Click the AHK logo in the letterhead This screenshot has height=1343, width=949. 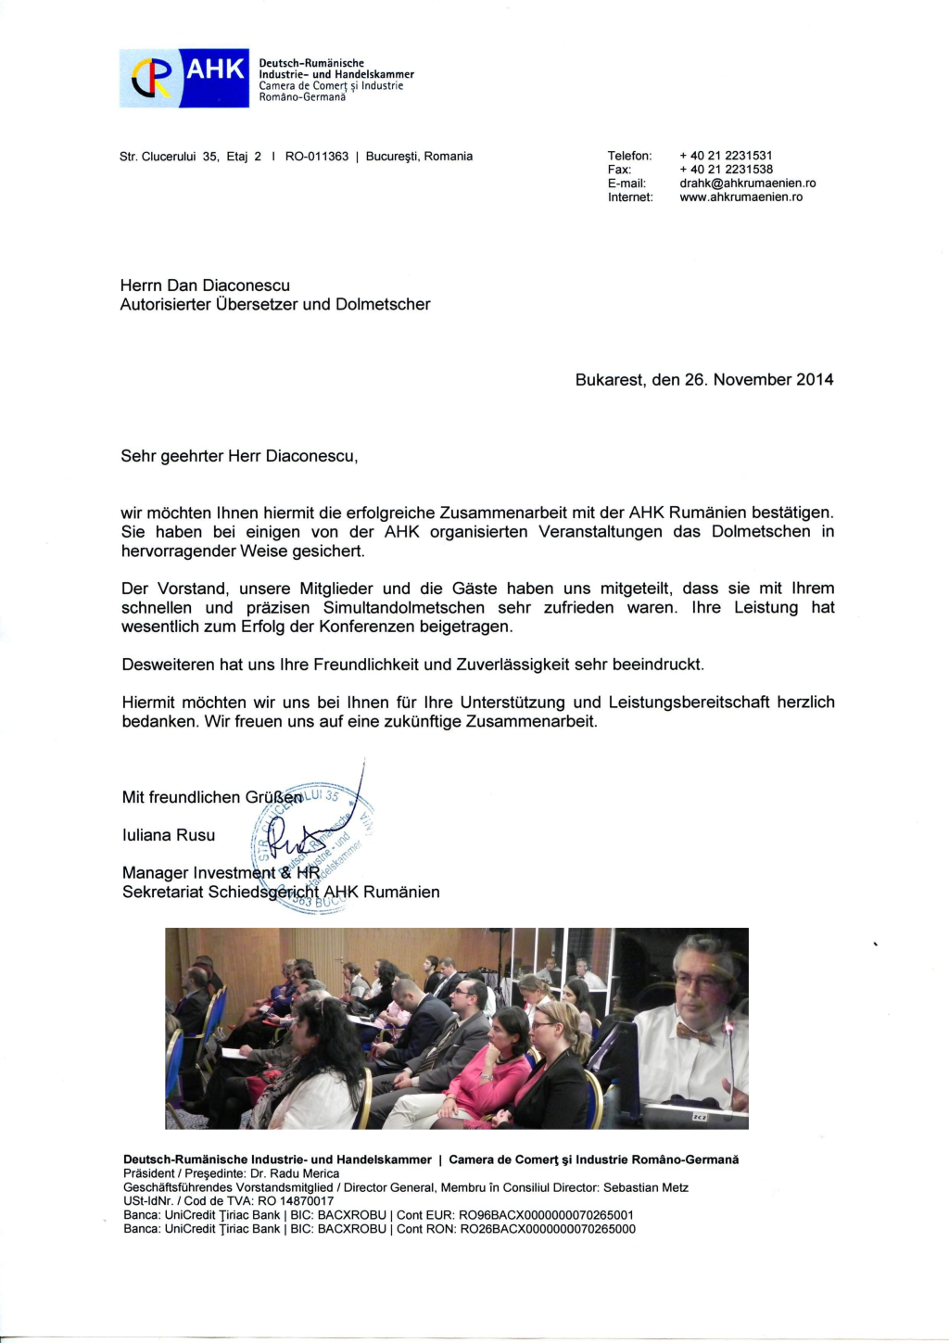[184, 78]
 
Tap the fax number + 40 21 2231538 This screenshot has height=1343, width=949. [726, 170]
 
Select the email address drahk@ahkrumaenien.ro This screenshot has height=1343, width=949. [747, 184]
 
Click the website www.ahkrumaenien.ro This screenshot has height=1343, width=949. [740, 197]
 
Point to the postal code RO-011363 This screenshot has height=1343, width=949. [317, 157]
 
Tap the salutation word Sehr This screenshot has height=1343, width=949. [138, 456]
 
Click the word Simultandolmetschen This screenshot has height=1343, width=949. [403, 608]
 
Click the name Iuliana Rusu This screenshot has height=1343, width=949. [169, 835]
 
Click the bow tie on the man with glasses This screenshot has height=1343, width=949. [693, 1033]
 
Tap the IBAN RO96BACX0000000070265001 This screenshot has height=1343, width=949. [547, 1215]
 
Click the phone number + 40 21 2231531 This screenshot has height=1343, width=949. [726, 156]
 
